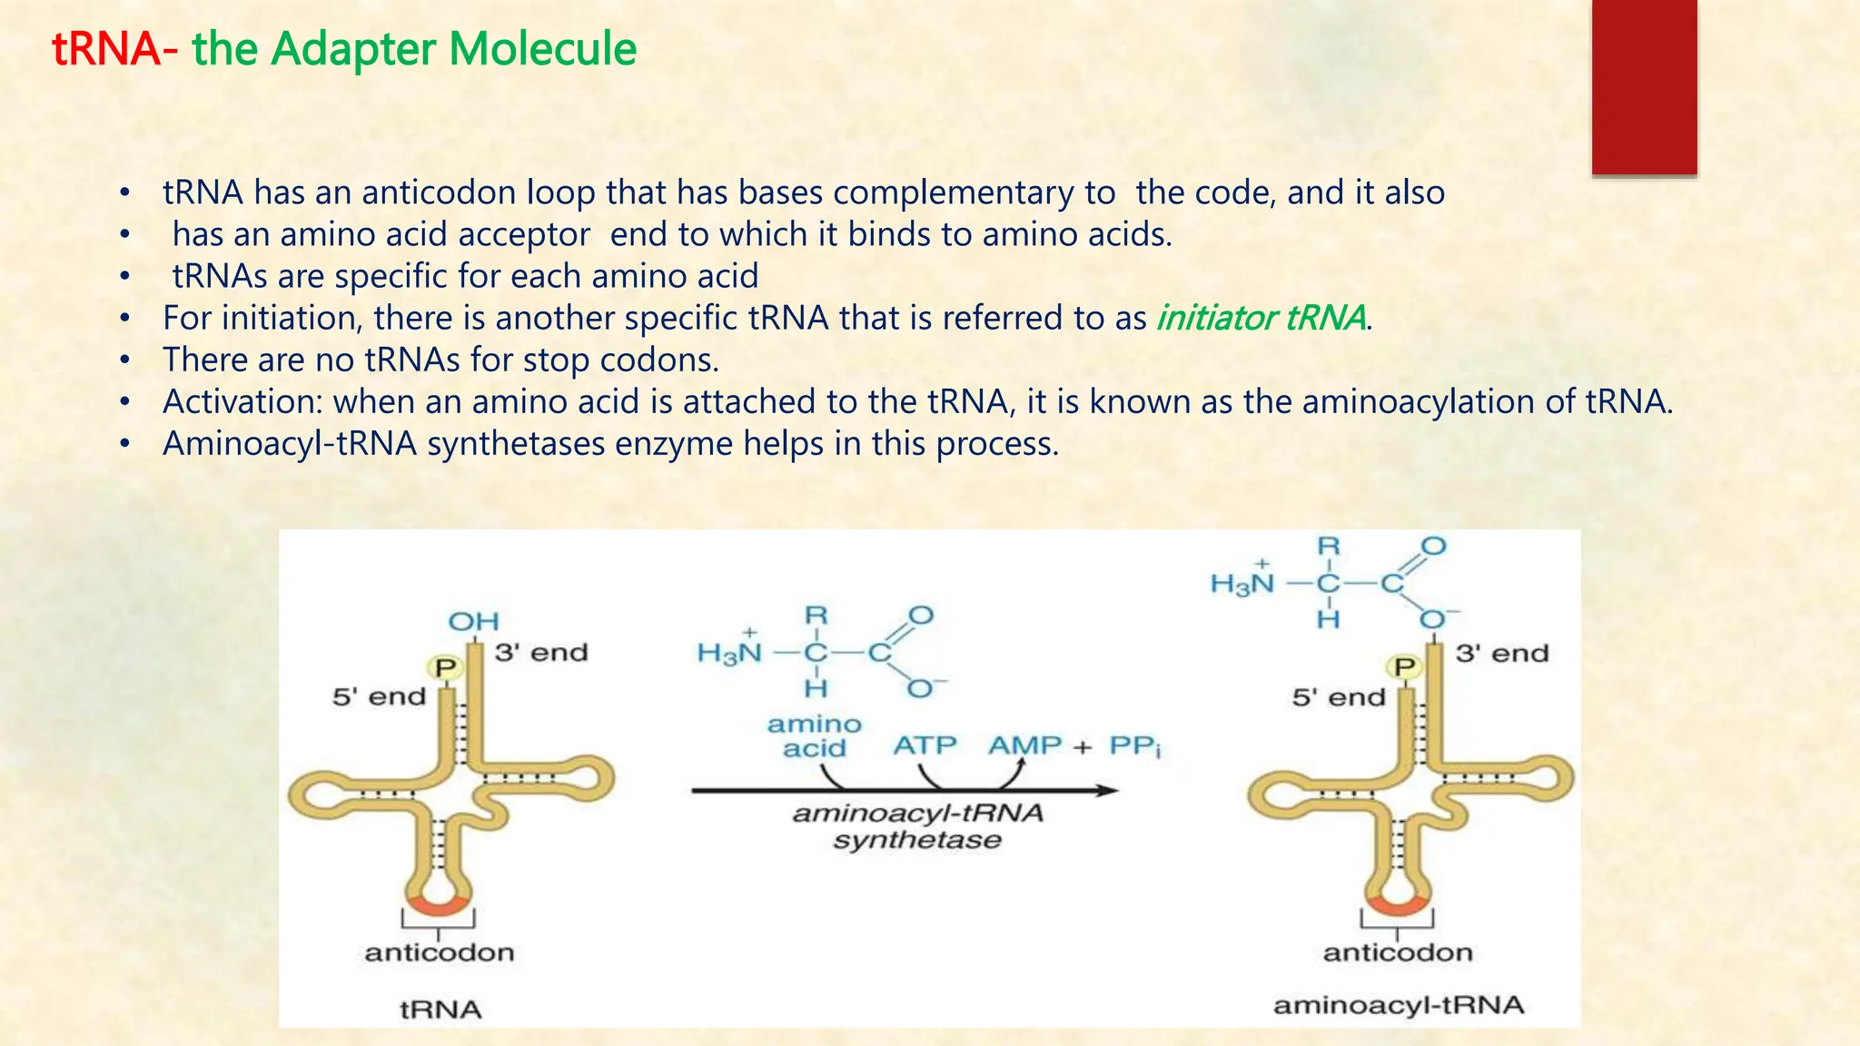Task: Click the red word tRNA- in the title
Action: pyautogui.click(x=114, y=49)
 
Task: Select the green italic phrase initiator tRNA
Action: pyautogui.click(x=1261, y=318)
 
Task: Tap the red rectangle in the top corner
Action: pyautogui.click(x=1644, y=87)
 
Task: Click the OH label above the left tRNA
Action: pyautogui.click(x=473, y=622)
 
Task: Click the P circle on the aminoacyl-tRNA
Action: pyautogui.click(x=1404, y=667)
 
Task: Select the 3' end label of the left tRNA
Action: pyautogui.click(x=541, y=653)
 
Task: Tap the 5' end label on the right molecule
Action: pyautogui.click(x=1339, y=697)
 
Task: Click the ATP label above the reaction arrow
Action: pyautogui.click(x=925, y=745)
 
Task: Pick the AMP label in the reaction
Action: pyautogui.click(x=1024, y=745)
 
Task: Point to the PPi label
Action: pyautogui.click(x=1134, y=746)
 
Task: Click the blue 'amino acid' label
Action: pyautogui.click(x=815, y=736)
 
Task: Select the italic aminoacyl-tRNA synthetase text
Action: pyautogui.click(x=917, y=825)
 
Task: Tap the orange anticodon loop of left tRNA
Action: pyautogui.click(x=439, y=903)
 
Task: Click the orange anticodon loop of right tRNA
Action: pyautogui.click(x=1398, y=904)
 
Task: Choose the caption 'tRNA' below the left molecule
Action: pyautogui.click(x=440, y=1010)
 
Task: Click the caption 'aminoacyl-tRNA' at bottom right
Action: pyautogui.click(x=1398, y=1005)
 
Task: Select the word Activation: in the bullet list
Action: pyautogui.click(x=242, y=401)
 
